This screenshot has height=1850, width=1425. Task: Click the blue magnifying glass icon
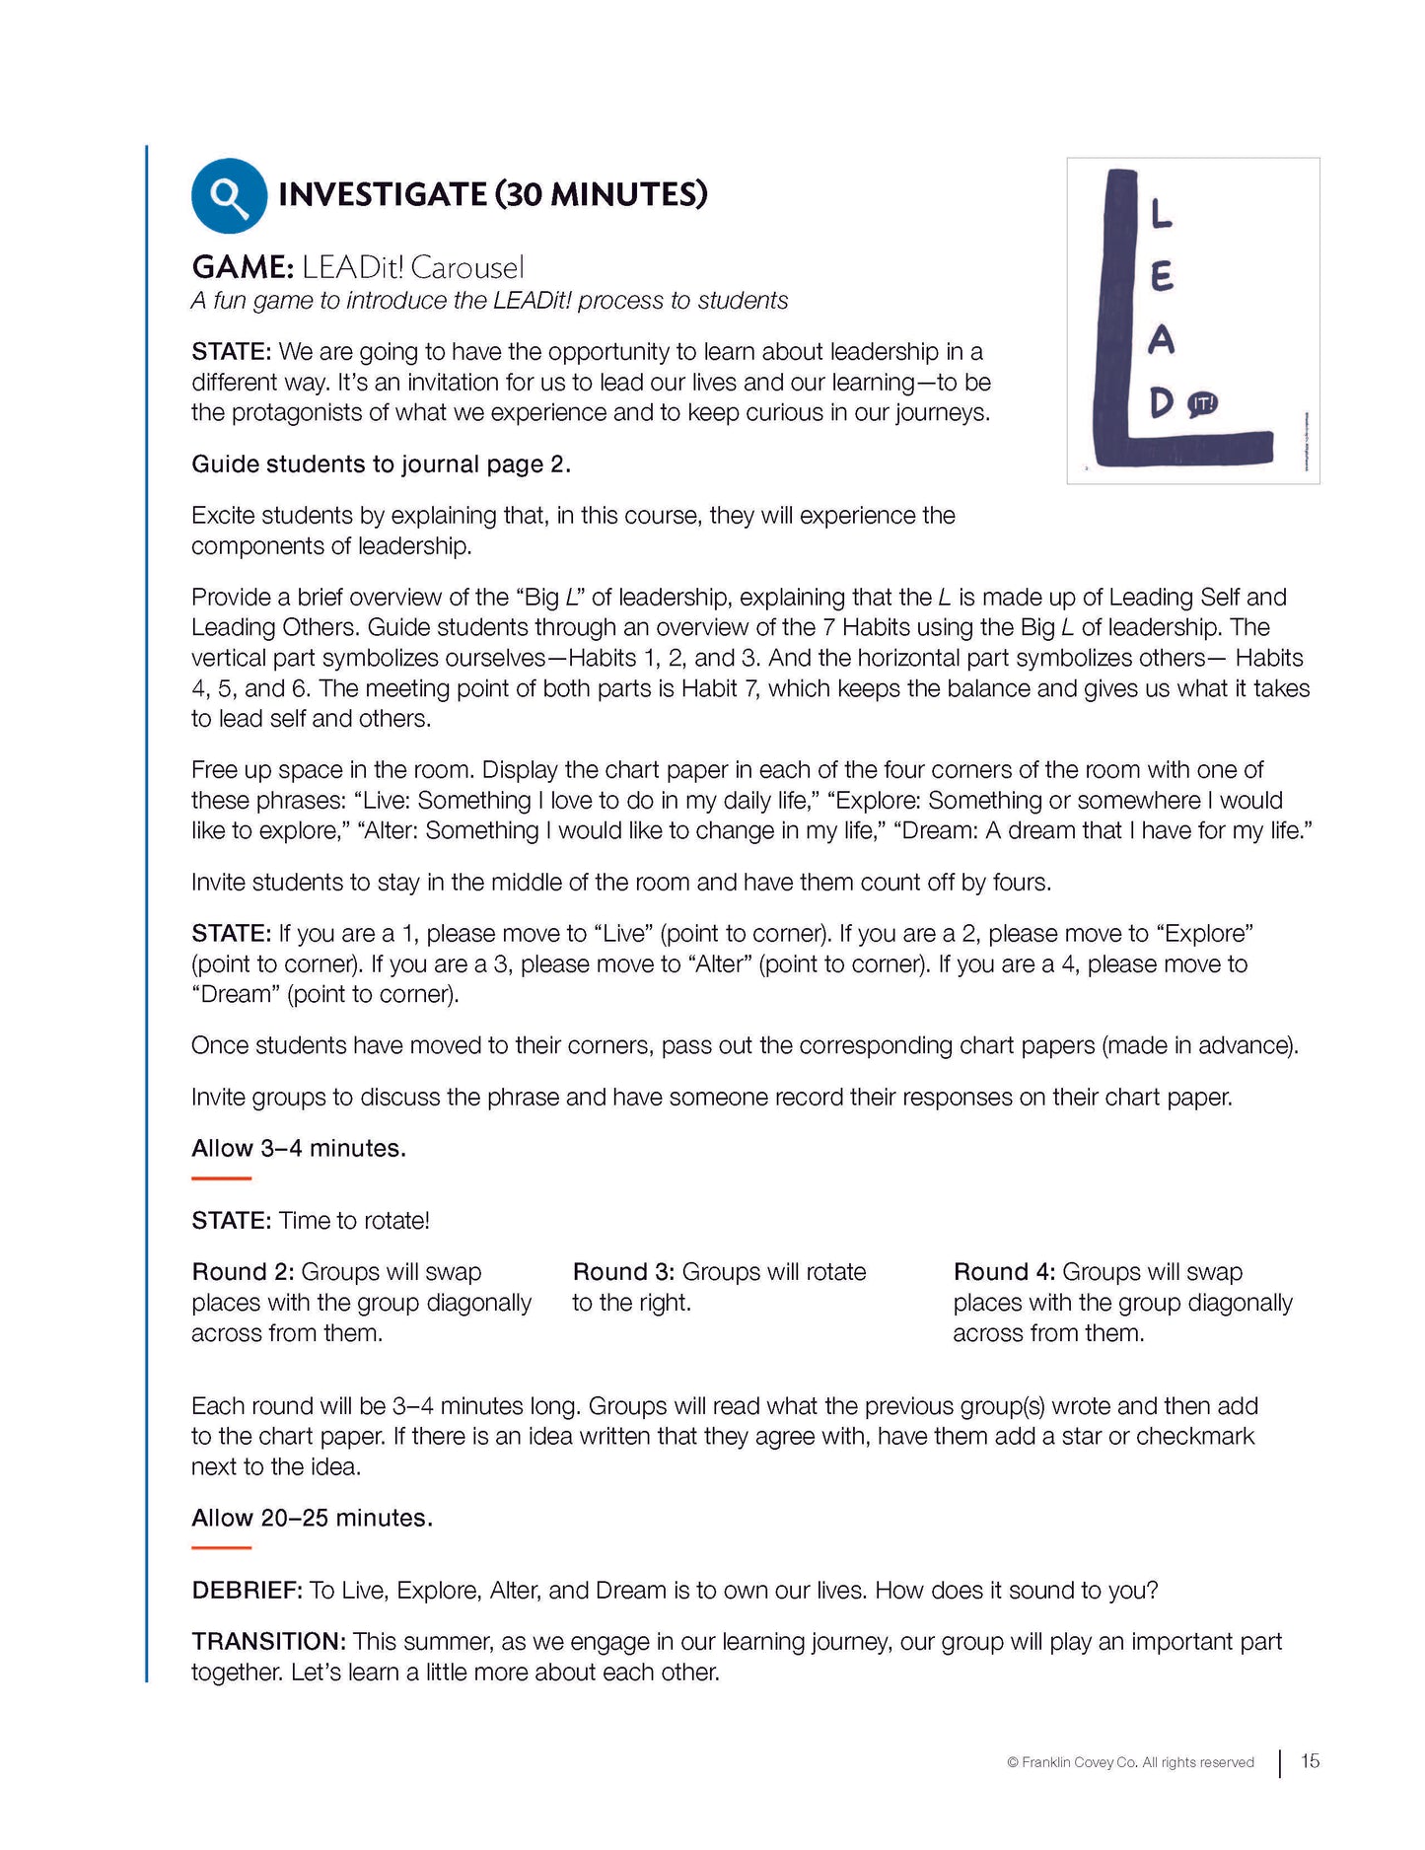tap(229, 196)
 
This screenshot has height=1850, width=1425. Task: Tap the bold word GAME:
tap(243, 267)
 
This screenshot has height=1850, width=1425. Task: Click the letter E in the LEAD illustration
tap(1162, 276)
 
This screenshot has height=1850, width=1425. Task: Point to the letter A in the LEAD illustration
tap(1162, 340)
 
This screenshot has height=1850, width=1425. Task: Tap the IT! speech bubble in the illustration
tap(1202, 403)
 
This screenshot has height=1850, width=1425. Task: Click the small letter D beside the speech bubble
tap(1162, 402)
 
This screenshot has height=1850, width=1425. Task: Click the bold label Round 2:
tap(243, 1272)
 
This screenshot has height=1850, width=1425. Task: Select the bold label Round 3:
tap(623, 1272)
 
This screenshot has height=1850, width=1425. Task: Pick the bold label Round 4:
tap(1004, 1272)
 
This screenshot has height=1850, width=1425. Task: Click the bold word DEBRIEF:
tap(247, 1591)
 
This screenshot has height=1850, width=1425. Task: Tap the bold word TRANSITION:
tap(268, 1642)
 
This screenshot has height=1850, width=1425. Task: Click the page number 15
tap(1310, 1761)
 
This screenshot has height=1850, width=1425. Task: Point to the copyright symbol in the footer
tap(1012, 1763)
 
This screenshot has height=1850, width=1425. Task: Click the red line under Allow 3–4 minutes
tap(221, 1178)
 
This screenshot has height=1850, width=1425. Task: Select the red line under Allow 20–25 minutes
tap(221, 1548)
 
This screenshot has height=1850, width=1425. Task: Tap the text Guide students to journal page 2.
tap(381, 464)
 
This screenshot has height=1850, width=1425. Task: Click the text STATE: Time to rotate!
tap(311, 1221)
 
